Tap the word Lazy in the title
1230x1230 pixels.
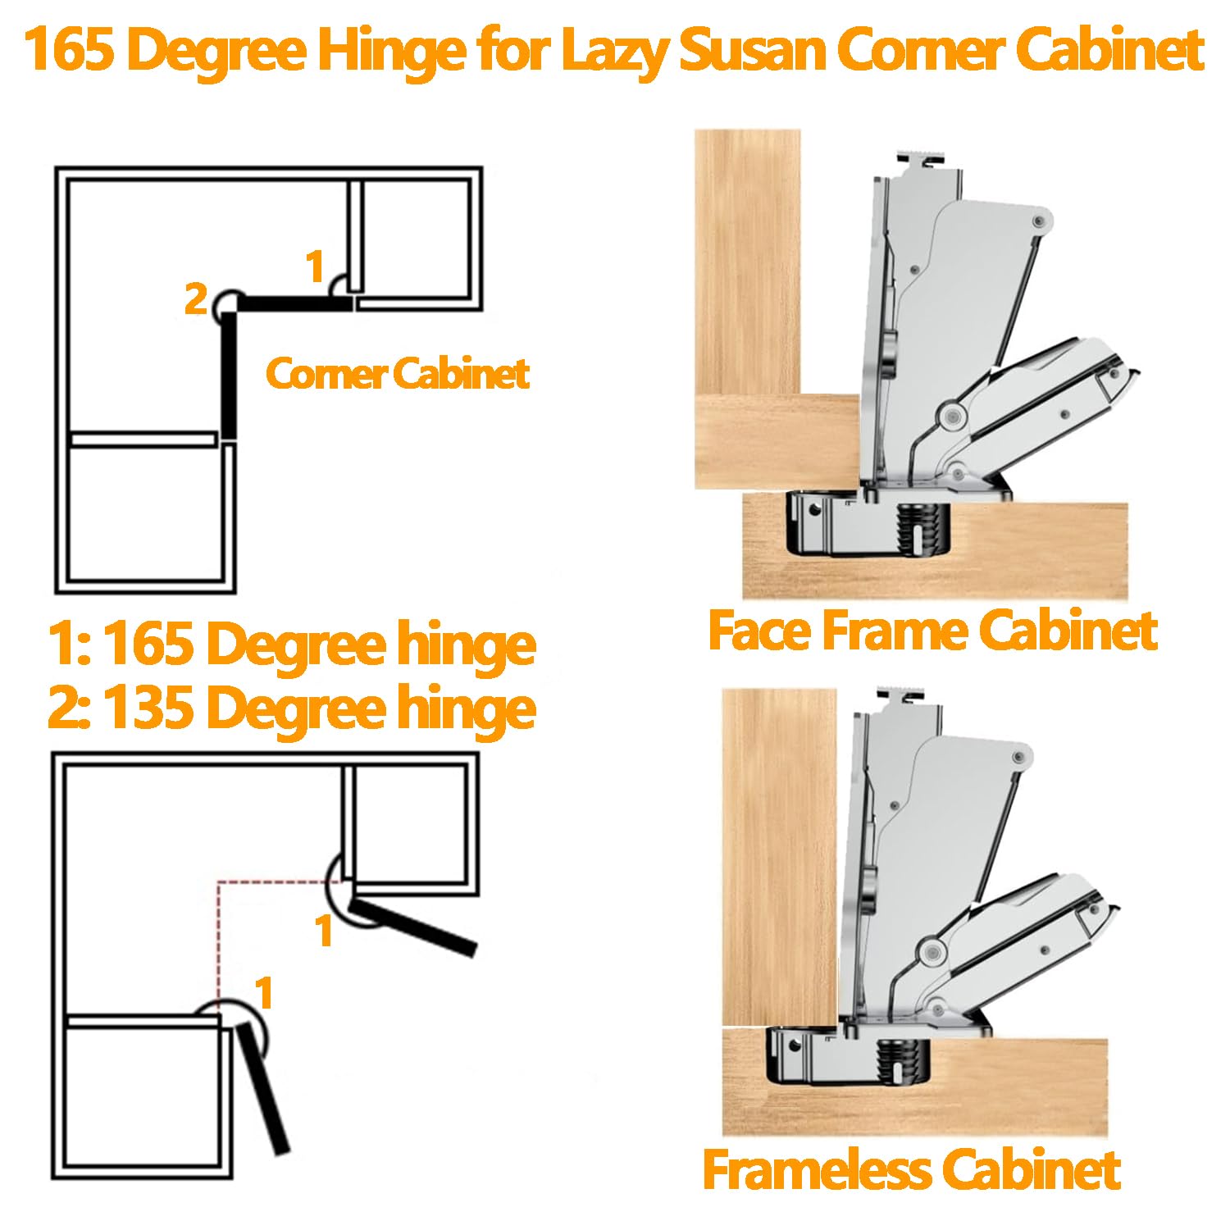617,51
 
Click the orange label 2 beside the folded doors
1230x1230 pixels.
195,299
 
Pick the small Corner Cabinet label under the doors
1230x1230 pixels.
398,374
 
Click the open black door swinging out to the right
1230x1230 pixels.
414,927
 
